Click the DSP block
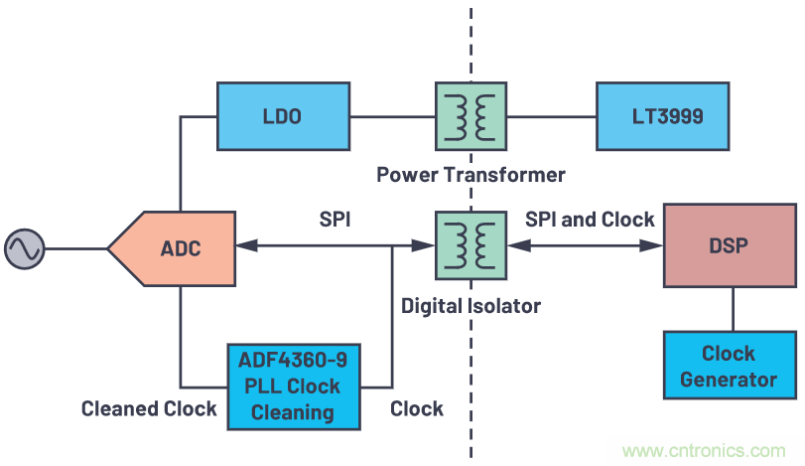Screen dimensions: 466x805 coord(732,246)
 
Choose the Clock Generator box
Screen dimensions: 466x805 coord(731,367)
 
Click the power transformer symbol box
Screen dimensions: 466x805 coord(470,116)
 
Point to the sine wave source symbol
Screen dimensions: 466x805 coord(24,248)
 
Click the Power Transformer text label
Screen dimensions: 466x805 coord(470,175)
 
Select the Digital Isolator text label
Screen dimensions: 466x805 coord(470,305)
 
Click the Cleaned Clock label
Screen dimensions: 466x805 coord(149,407)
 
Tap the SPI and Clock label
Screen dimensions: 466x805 coord(590,219)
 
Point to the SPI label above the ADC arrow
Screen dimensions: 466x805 coord(335,219)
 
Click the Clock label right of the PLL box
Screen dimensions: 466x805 coord(416,407)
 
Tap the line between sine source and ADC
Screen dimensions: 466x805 coord(74,248)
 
